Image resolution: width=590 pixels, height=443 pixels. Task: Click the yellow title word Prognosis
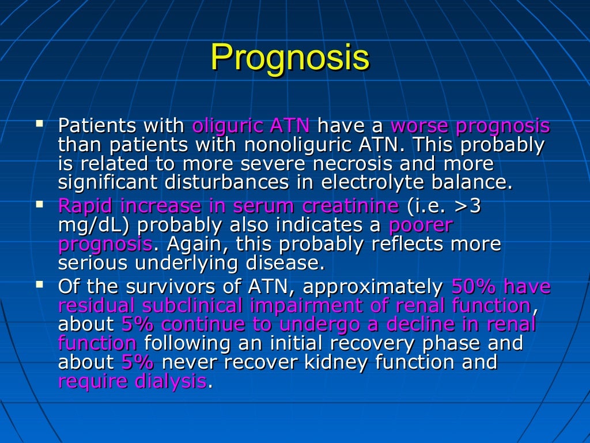click(289, 58)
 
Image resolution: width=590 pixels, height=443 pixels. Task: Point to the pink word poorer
click(421, 225)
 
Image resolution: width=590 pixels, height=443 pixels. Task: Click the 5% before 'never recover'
click(138, 362)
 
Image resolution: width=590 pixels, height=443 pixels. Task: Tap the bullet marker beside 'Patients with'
click(39, 123)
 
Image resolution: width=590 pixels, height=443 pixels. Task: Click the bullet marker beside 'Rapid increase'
click(39, 204)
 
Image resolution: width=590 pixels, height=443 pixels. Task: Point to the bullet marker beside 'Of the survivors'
click(39, 284)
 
